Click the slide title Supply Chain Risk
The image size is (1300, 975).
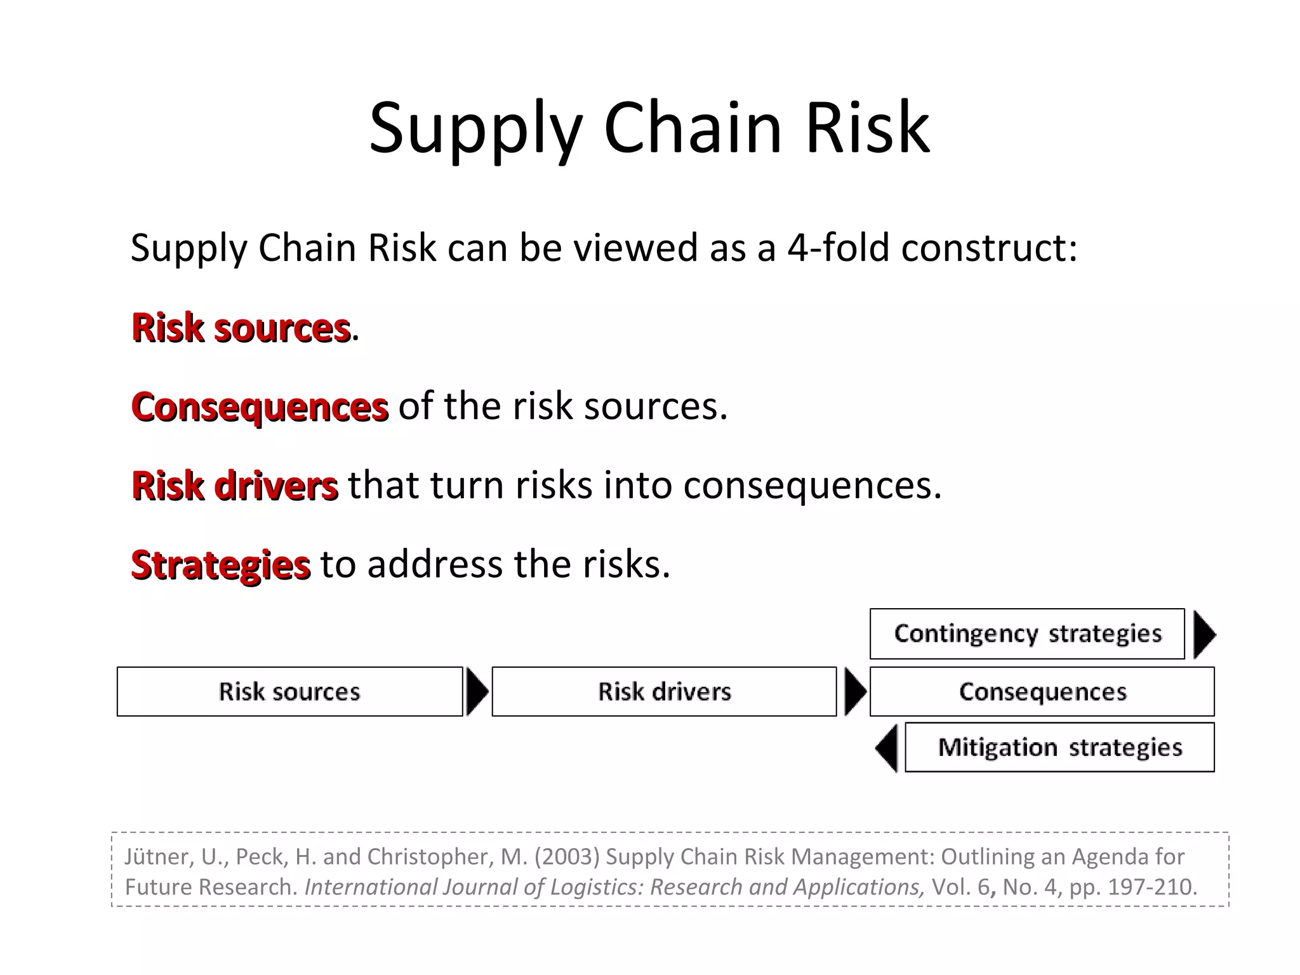click(x=649, y=128)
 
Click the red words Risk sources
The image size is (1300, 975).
click(x=241, y=328)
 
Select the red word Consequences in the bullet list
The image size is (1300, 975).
click(x=260, y=407)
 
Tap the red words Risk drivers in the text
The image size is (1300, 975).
click(x=234, y=486)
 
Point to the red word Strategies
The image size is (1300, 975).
click(x=220, y=565)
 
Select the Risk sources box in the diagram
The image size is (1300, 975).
click(x=289, y=691)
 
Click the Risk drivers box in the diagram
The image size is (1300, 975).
click(x=664, y=691)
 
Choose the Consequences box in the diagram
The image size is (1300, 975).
click(x=1042, y=691)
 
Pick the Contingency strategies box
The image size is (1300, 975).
click(x=1027, y=633)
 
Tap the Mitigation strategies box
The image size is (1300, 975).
click(x=1059, y=747)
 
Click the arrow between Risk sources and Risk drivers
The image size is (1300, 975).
click(x=477, y=691)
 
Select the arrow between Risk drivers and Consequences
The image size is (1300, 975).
click(x=854, y=691)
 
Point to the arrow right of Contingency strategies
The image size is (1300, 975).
click(x=1204, y=634)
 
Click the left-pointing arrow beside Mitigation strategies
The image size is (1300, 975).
click(x=887, y=748)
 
